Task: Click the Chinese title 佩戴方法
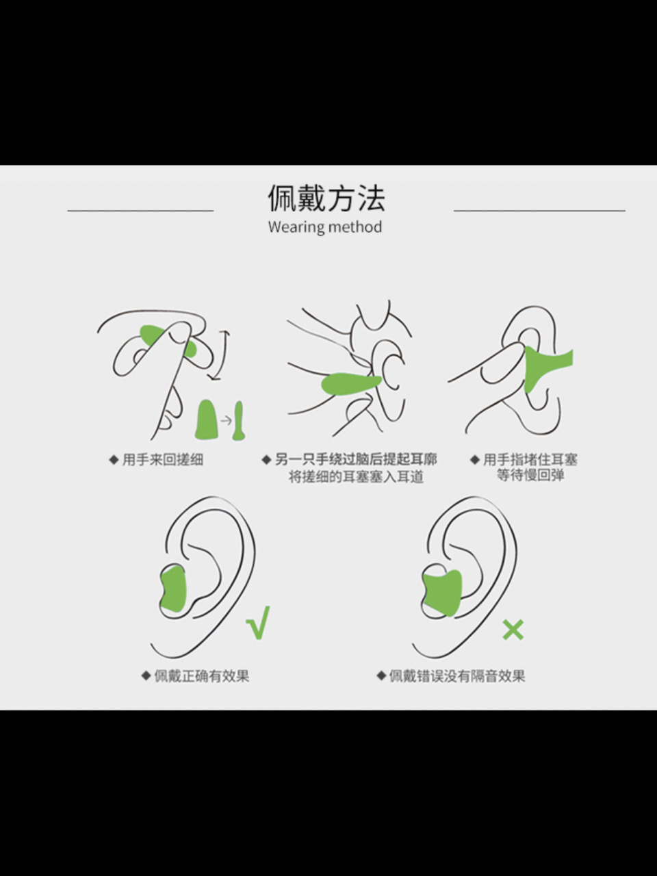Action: coord(326,198)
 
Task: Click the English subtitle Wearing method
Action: coord(325,227)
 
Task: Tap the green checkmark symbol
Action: coord(259,623)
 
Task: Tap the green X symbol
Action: coord(513,630)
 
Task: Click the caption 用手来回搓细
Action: coord(162,460)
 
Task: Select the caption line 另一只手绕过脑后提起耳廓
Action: coord(355,459)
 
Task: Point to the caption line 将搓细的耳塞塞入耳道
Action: coord(356,477)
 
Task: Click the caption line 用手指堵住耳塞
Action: coord(530,459)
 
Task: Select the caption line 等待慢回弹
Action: coord(530,476)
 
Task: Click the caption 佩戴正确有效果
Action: coord(201,676)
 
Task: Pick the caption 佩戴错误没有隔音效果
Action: coord(456,676)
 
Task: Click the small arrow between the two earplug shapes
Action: coord(225,420)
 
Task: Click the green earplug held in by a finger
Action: coord(544,370)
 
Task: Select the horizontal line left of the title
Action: coord(140,211)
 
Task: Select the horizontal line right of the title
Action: coord(539,211)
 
